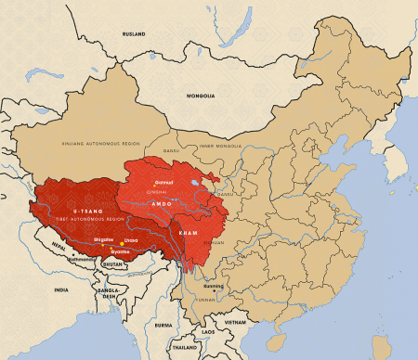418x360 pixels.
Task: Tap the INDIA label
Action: [x=60, y=290]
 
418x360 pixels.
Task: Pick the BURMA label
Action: [x=163, y=326]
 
